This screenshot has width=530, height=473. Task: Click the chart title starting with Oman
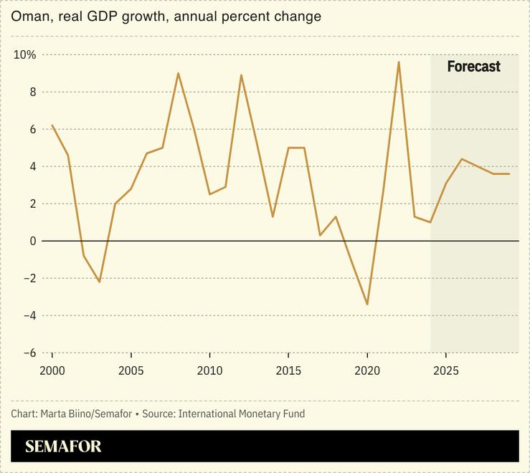pyautogui.click(x=166, y=16)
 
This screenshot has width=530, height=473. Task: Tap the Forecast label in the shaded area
pyautogui.click(x=473, y=67)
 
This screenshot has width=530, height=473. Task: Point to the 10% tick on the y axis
pyautogui.click(x=25, y=55)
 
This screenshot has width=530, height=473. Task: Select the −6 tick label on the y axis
pyautogui.click(x=29, y=353)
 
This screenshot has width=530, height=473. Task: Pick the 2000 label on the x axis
pyautogui.click(x=52, y=371)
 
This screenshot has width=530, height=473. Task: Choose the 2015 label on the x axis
pyautogui.click(x=288, y=371)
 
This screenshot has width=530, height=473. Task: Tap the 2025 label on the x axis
pyautogui.click(x=445, y=371)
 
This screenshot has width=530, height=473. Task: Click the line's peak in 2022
pyautogui.click(x=398, y=62)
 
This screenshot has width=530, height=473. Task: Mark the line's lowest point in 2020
pyautogui.click(x=366, y=304)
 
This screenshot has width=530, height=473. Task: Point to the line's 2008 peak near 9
pyautogui.click(x=178, y=73)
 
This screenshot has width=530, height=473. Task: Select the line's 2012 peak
pyautogui.click(x=241, y=75)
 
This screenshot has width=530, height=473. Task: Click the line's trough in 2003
pyautogui.click(x=99, y=282)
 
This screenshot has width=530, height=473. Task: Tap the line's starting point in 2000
pyautogui.click(x=52, y=125)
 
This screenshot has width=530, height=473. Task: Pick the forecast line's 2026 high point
pyautogui.click(x=461, y=159)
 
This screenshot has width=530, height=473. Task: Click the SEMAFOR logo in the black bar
pyautogui.click(x=63, y=446)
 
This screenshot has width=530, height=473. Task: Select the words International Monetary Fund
pyautogui.click(x=242, y=414)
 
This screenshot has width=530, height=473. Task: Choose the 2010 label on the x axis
pyautogui.click(x=209, y=371)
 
